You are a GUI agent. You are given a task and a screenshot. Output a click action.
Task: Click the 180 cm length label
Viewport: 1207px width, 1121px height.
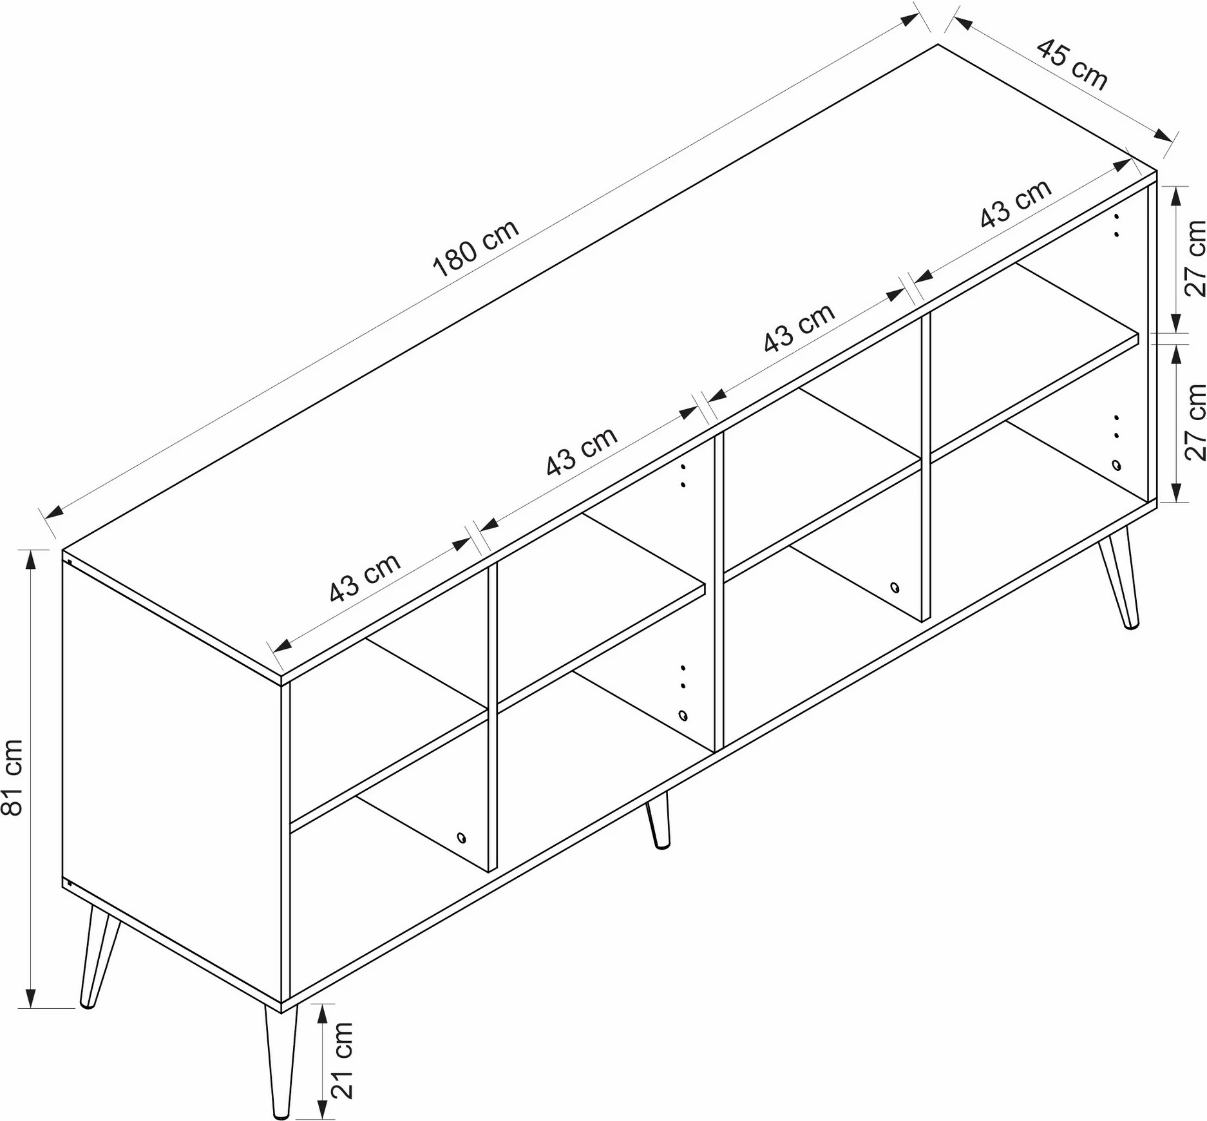tap(476, 248)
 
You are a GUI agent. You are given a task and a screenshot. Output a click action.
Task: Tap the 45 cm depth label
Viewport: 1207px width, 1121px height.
tap(1072, 64)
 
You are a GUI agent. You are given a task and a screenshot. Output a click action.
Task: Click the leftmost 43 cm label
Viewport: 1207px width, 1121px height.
tap(365, 578)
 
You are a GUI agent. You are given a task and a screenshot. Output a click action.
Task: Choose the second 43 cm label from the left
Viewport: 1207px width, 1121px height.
tap(582, 452)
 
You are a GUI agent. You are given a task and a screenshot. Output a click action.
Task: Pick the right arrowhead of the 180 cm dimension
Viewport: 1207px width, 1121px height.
tap(910, 19)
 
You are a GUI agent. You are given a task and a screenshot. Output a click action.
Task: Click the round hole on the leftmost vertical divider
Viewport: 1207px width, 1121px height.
tap(461, 838)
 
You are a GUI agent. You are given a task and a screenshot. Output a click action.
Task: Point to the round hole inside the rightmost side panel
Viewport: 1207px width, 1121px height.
tap(1116, 465)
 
